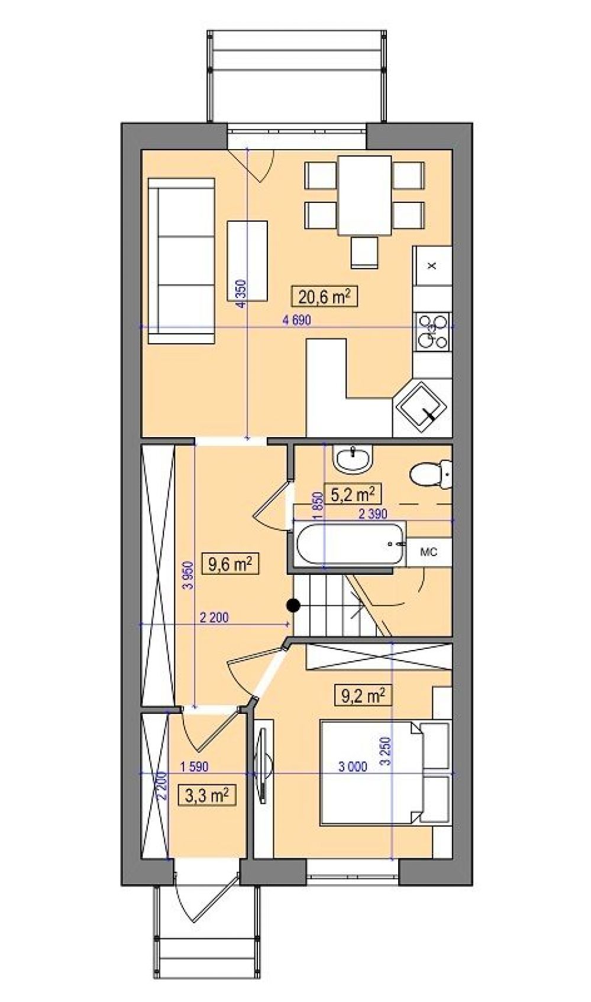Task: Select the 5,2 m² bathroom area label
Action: [352, 494]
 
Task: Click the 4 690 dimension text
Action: [296, 320]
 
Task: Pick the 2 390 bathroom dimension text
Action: [372, 513]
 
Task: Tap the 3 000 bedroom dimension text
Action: [353, 767]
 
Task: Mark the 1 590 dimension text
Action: [193, 766]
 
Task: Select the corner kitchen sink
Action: [421, 407]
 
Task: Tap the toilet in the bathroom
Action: [431, 474]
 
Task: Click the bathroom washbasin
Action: [353, 459]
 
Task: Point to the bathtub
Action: [350, 544]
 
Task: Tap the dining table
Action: [364, 195]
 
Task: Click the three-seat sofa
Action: [181, 261]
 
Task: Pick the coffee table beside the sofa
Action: [247, 261]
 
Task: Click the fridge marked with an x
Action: [432, 266]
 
